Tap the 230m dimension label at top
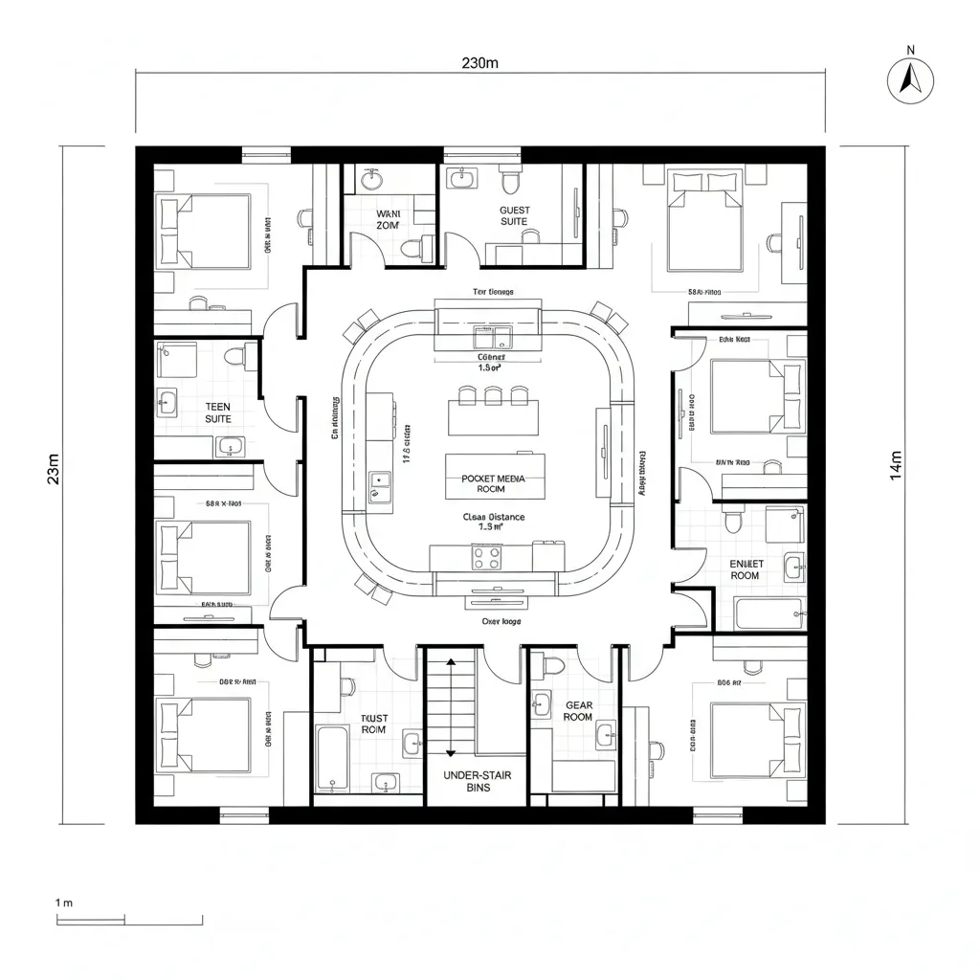pyautogui.click(x=480, y=63)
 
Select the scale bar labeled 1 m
pyautogui.click(x=129, y=920)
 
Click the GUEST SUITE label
pyautogui.click(x=514, y=215)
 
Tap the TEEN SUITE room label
pyautogui.click(x=218, y=412)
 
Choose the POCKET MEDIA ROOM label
pyautogui.click(x=495, y=483)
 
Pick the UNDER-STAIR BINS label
pyautogui.click(x=479, y=781)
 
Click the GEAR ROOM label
pyautogui.click(x=579, y=711)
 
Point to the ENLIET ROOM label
pyautogui.click(x=745, y=569)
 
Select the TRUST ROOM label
pyautogui.click(x=374, y=724)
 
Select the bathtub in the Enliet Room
pyautogui.click(x=768, y=612)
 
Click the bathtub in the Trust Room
pyautogui.click(x=334, y=759)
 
